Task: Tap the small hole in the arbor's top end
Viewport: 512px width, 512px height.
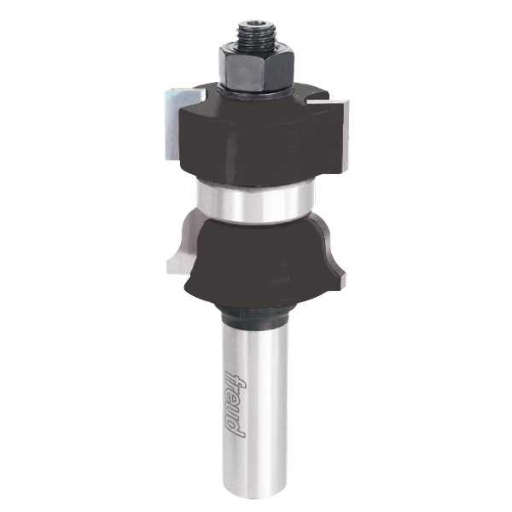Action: (x=255, y=23)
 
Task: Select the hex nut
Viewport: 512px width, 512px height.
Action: (x=257, y=68)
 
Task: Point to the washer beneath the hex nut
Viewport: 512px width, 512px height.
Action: (x=256, y=92)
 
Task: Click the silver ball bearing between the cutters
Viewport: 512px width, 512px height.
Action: (x=255, y=201)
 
